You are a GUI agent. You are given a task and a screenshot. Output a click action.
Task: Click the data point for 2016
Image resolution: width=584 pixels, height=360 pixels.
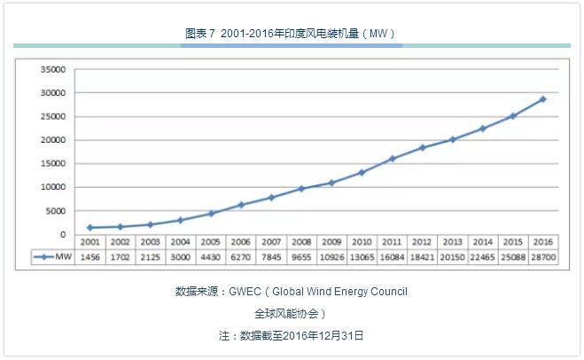point(542,98)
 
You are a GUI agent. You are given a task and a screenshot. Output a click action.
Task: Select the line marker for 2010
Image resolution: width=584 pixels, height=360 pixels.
point(362,172)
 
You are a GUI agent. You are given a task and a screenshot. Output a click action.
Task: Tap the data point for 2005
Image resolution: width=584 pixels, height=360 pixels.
point(211,213)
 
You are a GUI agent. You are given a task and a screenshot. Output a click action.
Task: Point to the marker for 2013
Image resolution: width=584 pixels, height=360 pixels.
point(452,139)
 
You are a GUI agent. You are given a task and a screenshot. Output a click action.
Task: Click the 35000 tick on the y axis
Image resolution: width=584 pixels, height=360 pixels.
point(54,69)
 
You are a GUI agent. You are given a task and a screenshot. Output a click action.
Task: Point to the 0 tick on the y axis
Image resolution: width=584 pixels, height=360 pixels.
point(62,234)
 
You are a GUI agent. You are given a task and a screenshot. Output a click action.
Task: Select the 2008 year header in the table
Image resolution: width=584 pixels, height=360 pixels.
point(301,242)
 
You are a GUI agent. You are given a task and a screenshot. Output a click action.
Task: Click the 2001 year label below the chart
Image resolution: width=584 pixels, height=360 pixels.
point(90,242)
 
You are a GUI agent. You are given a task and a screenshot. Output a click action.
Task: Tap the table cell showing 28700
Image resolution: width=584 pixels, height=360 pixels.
point(542,257)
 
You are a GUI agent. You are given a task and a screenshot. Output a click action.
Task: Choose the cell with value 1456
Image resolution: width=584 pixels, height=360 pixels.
point(90,257)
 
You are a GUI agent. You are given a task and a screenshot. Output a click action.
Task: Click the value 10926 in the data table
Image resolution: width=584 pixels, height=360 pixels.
point(331,257)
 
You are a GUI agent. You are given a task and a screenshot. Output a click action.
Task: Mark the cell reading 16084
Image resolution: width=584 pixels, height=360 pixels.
point(392,257)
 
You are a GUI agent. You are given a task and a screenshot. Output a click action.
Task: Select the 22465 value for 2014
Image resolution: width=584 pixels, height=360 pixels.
point(482,257)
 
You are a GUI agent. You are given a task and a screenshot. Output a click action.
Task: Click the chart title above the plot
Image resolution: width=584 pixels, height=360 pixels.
point(291,33)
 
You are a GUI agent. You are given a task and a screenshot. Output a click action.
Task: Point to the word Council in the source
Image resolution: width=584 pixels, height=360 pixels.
point(387,291)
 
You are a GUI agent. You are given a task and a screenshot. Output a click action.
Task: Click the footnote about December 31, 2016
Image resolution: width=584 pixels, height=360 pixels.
point(292,336)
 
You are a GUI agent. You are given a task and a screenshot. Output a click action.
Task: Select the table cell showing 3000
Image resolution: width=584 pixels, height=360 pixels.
point(181,257)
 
